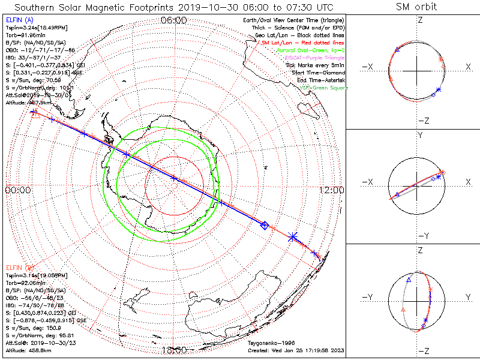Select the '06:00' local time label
(174, 20)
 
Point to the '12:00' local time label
(332, 190)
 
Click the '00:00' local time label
(18, 190)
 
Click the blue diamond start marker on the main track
(264, 226)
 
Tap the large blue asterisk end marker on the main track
(293, 237)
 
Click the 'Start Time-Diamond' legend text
(316, 73)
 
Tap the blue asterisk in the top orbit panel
(439, 90)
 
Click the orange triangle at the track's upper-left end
(35, 114)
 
